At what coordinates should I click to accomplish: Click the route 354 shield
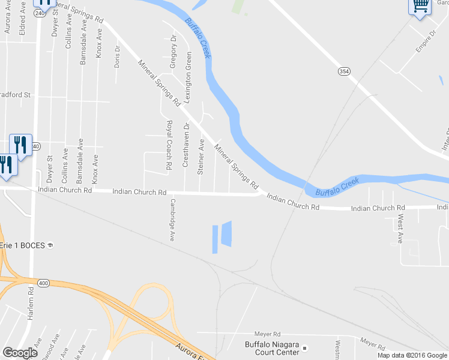344,71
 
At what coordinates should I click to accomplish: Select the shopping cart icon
420,6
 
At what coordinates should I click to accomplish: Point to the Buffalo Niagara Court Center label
271,348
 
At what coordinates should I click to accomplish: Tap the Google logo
20,353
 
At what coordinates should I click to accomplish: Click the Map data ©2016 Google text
412,355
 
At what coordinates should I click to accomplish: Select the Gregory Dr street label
173,51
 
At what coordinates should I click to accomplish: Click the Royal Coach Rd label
169,144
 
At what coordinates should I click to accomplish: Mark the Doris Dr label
118,56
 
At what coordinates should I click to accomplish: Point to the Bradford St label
16,95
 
